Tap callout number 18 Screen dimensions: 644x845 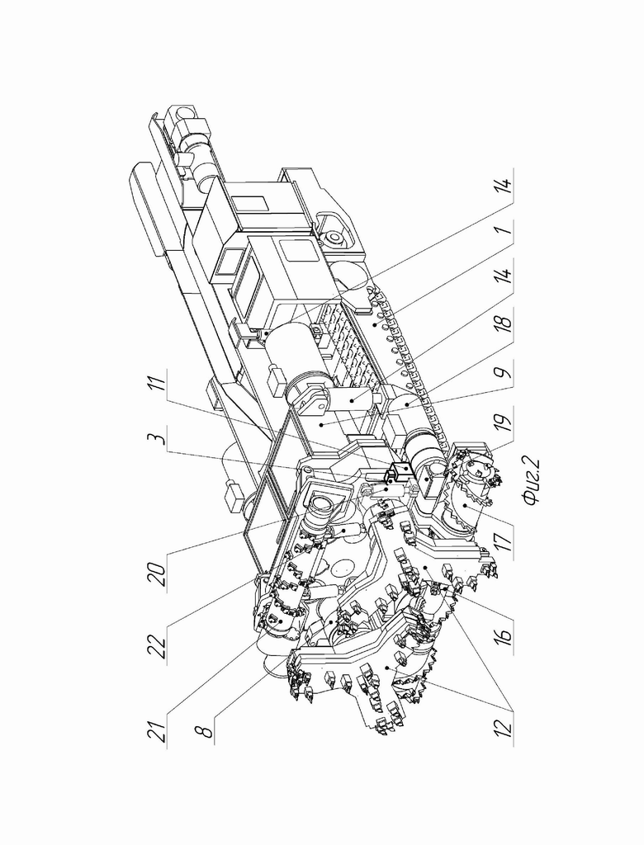503,323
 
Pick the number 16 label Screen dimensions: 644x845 503,630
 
